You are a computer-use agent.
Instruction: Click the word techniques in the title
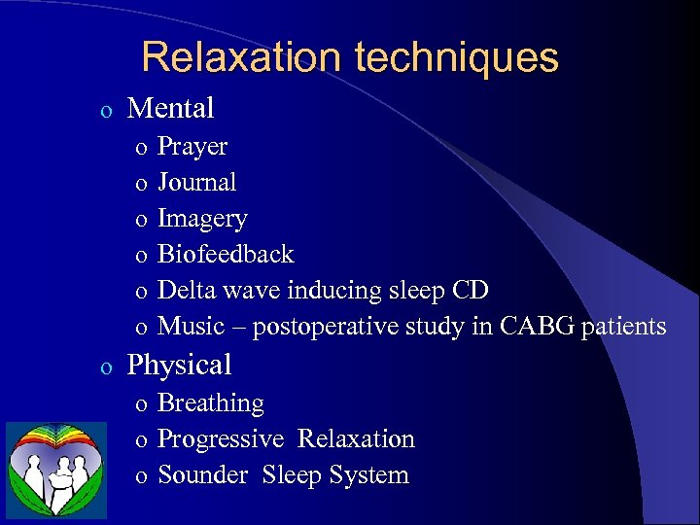tap(457, 58)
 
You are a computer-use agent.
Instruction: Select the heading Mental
tap(170, 108)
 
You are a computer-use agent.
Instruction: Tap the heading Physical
tap(179, 365)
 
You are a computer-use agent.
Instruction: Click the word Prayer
tap(192, 147)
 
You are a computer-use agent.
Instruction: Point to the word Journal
tap(196, 182)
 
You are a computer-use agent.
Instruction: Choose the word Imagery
tap(202, 219)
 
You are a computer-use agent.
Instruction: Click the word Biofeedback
tap(225, 254)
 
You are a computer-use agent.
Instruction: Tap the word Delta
tap(184, 290)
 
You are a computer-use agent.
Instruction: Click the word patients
tap(623, 327)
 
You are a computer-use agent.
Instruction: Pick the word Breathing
tap(210, 402)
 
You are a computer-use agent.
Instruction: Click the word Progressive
tap(221, 439)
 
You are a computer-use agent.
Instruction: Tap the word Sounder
tap(203, 475)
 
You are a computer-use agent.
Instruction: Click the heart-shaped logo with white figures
tap(56, 470)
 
